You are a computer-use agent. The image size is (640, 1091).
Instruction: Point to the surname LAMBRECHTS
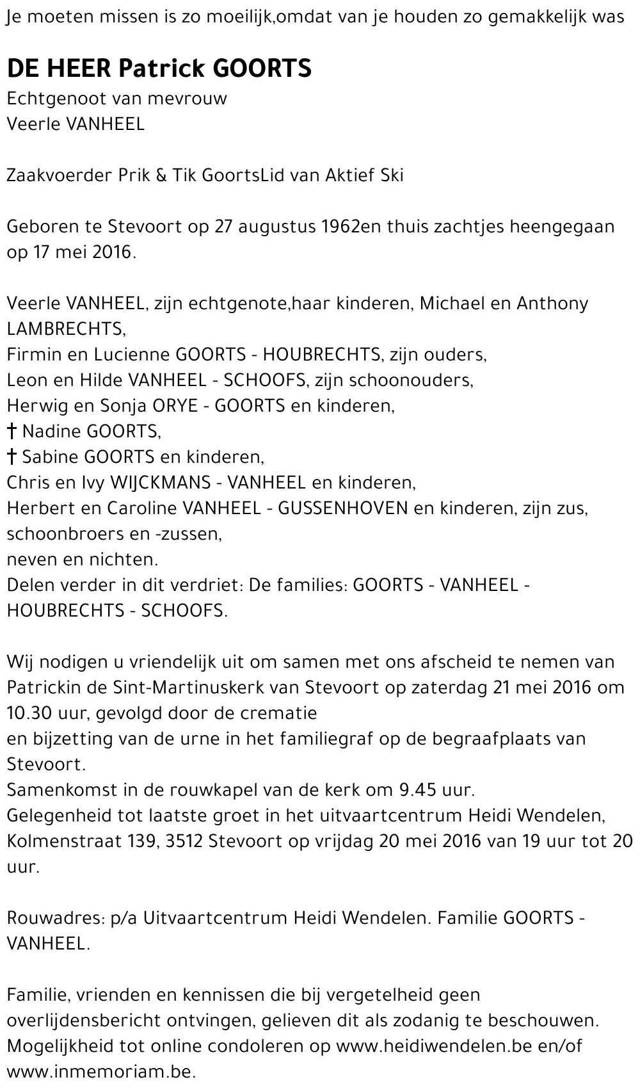coord(65,329)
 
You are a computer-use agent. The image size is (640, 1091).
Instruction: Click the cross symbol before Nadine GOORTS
coord(12,432)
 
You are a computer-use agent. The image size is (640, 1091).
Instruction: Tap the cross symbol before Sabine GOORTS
coord(12,457)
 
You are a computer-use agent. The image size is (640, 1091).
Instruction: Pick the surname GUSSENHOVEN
coord(344,508)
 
